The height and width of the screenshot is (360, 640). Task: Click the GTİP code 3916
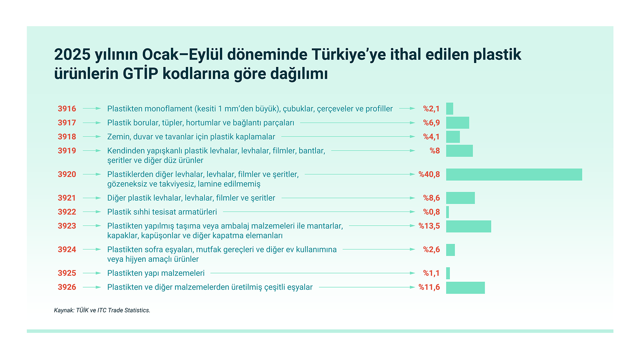(67, 108)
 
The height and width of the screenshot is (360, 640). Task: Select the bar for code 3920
(514, 174)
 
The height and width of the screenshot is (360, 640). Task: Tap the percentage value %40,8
(429, 174)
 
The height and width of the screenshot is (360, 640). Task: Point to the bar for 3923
(468, 226)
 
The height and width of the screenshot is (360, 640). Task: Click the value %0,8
(431, 212)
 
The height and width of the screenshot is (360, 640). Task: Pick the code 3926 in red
(67, 287)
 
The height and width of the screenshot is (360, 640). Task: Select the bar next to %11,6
(465, 288)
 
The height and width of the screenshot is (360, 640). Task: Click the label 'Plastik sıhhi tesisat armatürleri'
(162, 212)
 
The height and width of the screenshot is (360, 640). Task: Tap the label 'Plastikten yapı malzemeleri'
(156, 273)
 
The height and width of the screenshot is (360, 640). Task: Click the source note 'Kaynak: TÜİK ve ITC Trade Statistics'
(102, 310)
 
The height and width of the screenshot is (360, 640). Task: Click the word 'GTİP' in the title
(140, 73)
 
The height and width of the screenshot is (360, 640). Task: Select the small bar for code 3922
(447, 212)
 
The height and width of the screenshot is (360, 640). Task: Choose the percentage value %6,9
(431, 123)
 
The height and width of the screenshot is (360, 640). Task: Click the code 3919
(67, 151)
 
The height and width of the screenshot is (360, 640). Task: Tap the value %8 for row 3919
(435, 151)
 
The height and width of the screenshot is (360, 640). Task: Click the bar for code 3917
(458, 123)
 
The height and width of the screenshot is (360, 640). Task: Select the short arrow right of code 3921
(92, 198)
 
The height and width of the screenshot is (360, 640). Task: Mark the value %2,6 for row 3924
(431, 249)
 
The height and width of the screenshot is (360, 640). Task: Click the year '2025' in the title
(72, 54)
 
